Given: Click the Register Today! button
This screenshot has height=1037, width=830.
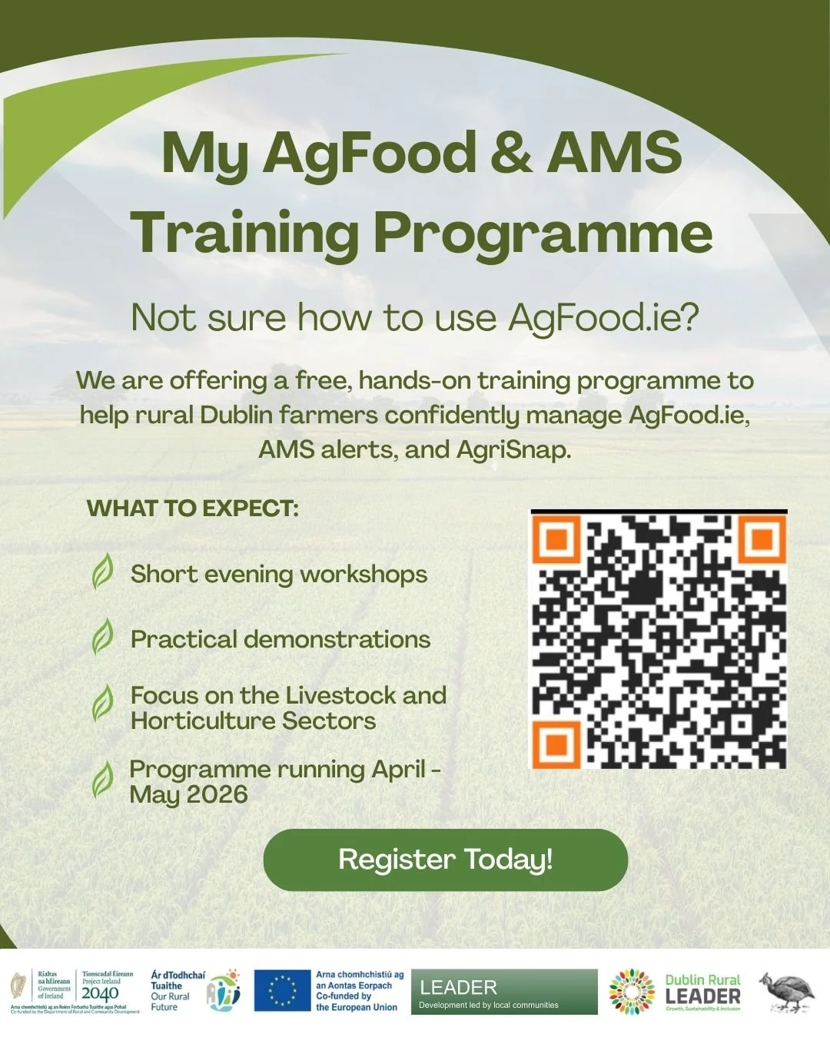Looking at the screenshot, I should pyautogui.click(x=445, y=860).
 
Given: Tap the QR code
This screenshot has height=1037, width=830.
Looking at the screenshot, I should pyautogui.click(x=659, y=640).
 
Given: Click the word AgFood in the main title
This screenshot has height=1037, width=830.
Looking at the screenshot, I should pyautogui.click(x=370, y=153).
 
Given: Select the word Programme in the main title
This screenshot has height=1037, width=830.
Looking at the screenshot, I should pyautogui.click(x=543, y=232).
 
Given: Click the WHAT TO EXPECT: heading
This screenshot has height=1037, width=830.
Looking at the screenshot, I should pyautogui.click(x=192, y=509).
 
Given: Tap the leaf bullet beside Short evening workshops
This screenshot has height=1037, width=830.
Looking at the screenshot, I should pyautogui.click(x=103, y=572).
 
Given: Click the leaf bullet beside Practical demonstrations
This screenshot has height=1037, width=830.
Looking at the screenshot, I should pyautogui.click(x=103, y=638).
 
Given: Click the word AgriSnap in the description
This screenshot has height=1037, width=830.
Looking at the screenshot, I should pyautogui.click(x=513, y=449).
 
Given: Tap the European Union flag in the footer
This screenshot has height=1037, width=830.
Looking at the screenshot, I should pyautogui.click(x=282, y=990).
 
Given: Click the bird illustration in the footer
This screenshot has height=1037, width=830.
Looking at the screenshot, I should pyautogui.click(x=788, y=991).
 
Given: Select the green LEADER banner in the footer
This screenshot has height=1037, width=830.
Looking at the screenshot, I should pyautogui.click(x=503, y=992).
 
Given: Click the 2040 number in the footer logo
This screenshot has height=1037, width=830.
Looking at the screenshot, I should pyautogui.click(x=100, y=993).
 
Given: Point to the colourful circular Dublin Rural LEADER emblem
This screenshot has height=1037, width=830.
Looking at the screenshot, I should pyautogui.click(x=632, y=992).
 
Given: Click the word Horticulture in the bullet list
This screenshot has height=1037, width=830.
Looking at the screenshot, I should pyautogui.click(x=203, y=721).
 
